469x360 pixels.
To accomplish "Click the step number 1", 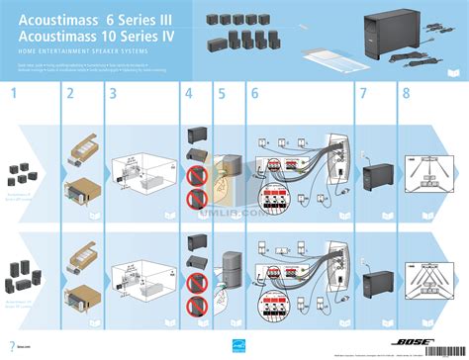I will click(x=15, y=95).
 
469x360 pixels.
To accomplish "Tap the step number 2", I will click(x=70, y=95).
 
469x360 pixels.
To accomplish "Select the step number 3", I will click(x=113, y=95).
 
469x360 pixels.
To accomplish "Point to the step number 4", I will click(x=188, y=95).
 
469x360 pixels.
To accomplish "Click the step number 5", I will click(x=222, y=95).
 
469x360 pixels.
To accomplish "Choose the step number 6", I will click(x=254, y=95).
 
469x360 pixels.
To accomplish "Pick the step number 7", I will click(x=362, y=95).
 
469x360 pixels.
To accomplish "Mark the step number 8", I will click(x=406, y=95).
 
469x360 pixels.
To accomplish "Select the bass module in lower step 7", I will click(x=380, y=280).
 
